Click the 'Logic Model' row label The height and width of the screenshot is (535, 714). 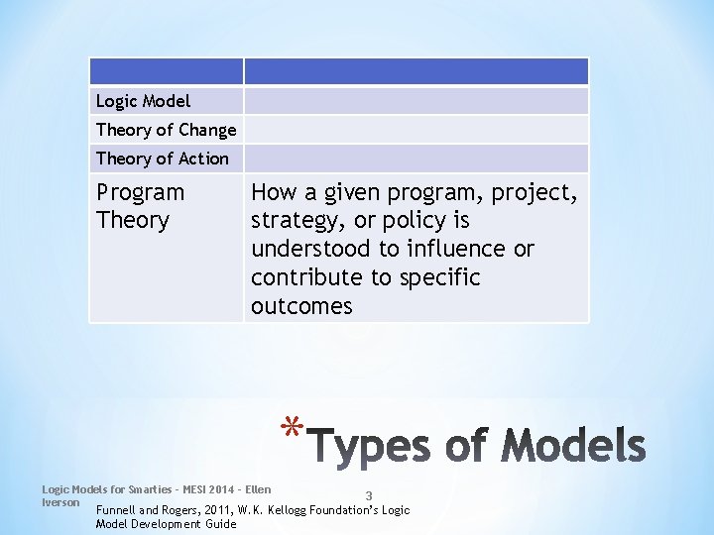[143, 101]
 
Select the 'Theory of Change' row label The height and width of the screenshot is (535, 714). [166, 130]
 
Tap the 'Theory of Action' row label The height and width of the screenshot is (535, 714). [162, 159]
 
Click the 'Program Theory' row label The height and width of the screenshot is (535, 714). [140, 206]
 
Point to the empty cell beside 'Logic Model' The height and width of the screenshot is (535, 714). [416, 101]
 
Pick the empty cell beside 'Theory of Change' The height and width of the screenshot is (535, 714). [416, 130]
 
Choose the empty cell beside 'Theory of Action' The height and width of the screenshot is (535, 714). [416, 159]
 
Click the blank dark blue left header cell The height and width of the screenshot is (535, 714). [166, 71]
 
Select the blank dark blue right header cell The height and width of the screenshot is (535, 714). [416, 71]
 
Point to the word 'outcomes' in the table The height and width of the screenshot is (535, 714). [301, 306]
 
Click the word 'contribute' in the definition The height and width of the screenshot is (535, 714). [307, 277]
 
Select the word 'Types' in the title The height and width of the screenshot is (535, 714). [371, 447]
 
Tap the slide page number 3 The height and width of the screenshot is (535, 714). [369, 496]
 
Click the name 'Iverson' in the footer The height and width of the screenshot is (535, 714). [60, 502]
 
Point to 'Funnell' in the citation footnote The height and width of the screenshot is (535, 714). [118, 510]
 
